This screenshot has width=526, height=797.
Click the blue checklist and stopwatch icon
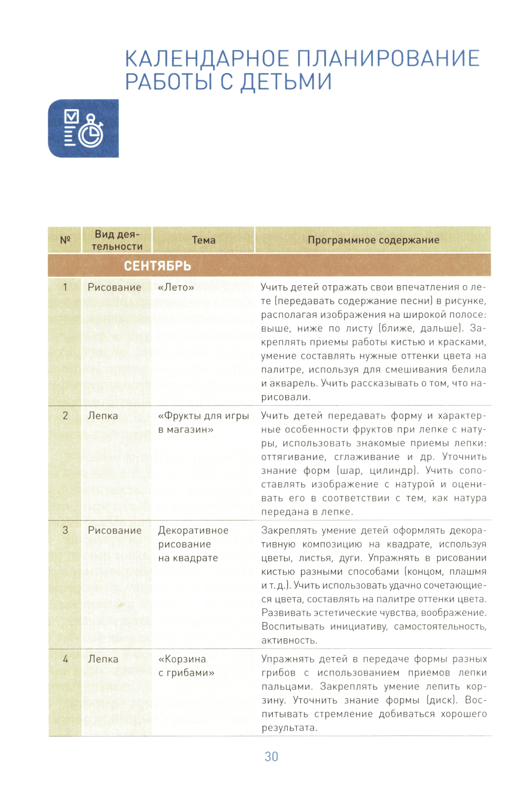[x=83, y=128]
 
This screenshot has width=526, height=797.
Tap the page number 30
[x=271, y=757]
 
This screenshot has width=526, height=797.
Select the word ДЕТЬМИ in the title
[x=287, y=82]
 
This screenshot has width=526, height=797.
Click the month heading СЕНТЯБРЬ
[x=157, y=266]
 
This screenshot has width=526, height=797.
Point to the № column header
[x=65, y=240]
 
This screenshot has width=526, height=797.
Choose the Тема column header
[x=204, y=240]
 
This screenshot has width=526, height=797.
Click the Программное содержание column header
[x=373, y=240]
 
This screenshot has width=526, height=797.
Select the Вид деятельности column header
[x=117, y=240]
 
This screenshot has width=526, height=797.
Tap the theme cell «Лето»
[x=176, y=287]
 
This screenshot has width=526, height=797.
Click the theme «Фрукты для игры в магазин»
[x=203, y=422]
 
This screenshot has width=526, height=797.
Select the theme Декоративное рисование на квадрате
[x=193, y=544]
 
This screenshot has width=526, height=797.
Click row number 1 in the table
[x=65, y=287]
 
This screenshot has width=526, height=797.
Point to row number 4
[x=65, y=659]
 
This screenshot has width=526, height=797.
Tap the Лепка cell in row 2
[x=103, y=416]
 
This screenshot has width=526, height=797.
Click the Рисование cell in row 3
[x=114, y=531]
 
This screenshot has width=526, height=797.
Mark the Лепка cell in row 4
[x=103, y=659]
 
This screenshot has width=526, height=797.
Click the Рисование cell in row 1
[x=114, y=287]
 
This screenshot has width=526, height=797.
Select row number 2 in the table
[x=65, y=416]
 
